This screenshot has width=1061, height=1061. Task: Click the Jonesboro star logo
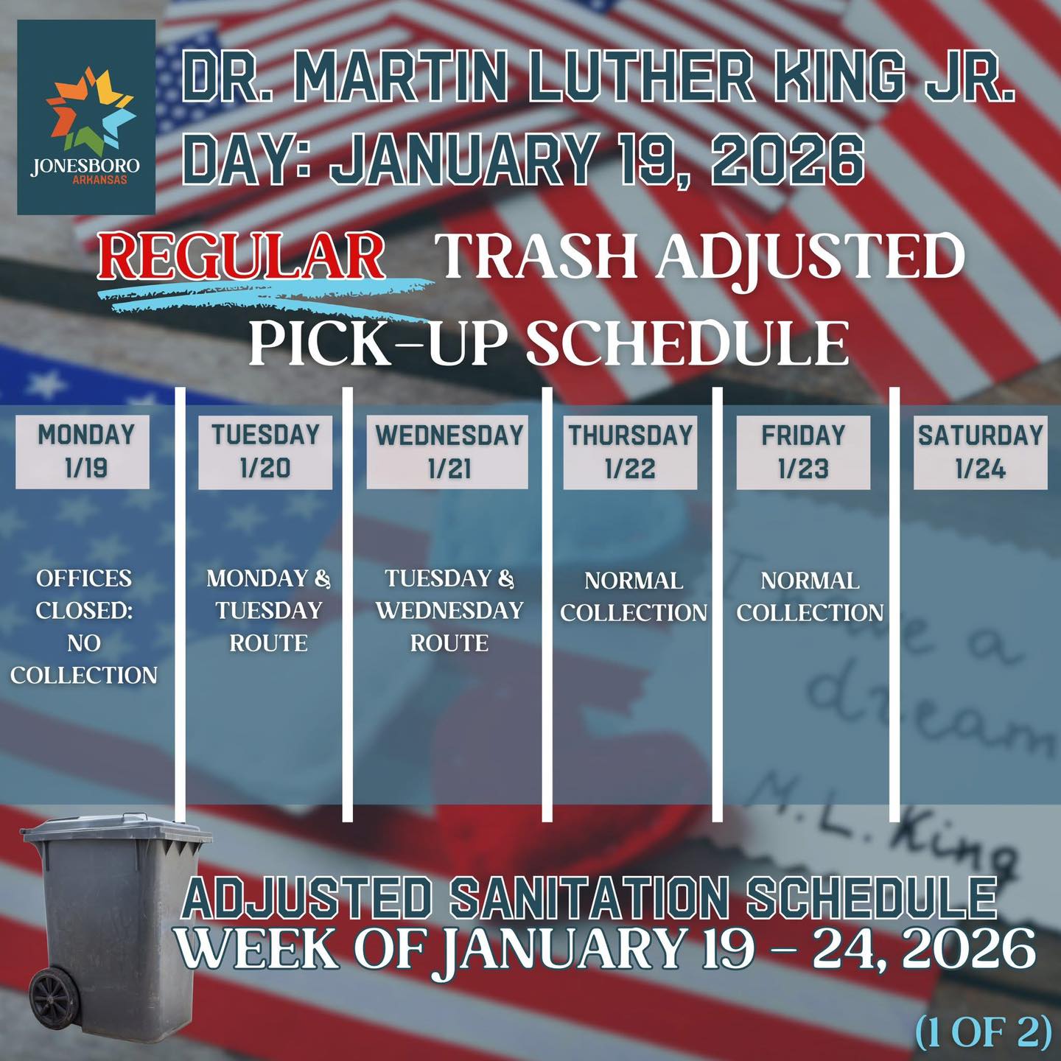91,109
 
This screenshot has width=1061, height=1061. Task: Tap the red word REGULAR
241,256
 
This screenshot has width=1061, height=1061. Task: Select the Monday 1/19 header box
83,452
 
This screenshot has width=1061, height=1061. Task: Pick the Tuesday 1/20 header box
265,452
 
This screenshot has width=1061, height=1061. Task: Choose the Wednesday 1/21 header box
448,452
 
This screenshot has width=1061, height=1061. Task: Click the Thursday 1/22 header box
630,452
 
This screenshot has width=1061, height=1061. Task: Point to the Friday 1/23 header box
803,452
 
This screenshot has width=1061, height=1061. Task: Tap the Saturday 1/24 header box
981,452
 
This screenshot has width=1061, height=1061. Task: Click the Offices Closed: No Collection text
84,626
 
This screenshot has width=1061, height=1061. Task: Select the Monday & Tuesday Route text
269,610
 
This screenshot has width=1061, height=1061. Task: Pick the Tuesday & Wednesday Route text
449,610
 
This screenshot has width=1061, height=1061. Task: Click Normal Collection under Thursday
634,596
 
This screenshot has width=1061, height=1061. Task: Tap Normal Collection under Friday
810,596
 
